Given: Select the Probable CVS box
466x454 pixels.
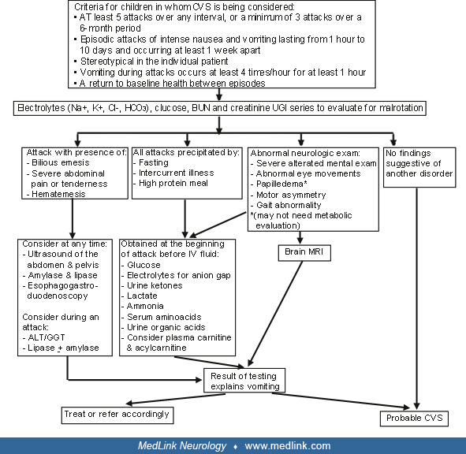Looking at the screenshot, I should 417,418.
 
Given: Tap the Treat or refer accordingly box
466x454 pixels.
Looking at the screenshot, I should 116,413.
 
